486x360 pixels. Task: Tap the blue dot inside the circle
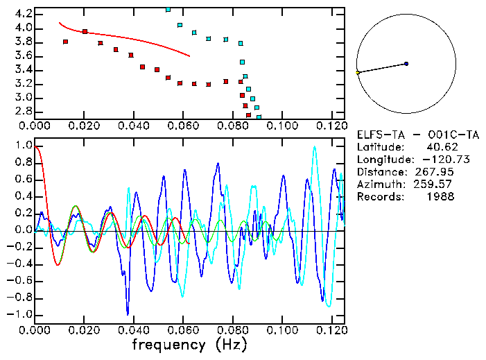click(406, 64)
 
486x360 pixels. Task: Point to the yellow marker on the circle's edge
click(358, 73)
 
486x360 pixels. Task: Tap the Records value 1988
click(440, 197)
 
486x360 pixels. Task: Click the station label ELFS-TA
click(378, 135)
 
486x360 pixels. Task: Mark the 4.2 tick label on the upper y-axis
click(23, 14)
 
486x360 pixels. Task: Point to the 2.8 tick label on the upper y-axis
click(23, 111)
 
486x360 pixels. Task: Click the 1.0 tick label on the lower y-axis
click(23, 146)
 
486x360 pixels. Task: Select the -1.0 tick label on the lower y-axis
click(20, 315)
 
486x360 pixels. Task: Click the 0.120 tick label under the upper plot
click(330, 126)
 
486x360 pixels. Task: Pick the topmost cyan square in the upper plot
click(168, 10)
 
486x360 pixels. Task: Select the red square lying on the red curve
click(85, 31)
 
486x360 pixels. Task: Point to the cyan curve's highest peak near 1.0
click(315, 147)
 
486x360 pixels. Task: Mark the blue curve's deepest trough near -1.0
click(128, 314)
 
